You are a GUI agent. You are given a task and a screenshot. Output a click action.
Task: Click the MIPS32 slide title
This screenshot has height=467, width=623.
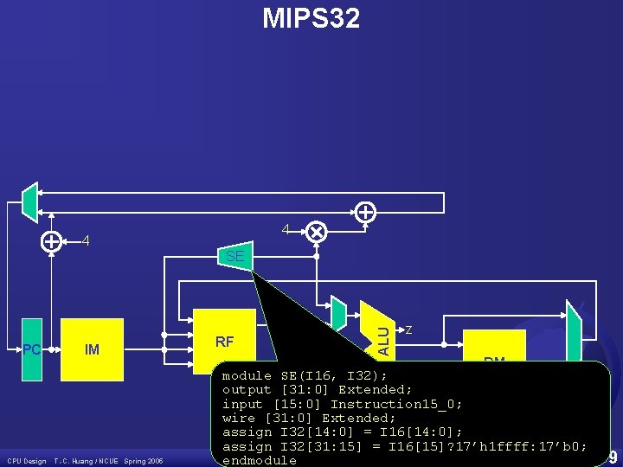[311, 18]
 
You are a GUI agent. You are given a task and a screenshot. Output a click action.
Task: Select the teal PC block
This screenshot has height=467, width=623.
[32, 349]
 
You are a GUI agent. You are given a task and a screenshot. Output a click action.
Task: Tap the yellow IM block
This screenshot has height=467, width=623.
[93, 349]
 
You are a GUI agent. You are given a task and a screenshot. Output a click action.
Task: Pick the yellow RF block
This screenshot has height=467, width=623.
[224, 342]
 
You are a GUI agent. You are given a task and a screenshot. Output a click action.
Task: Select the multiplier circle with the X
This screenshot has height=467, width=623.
[316, 232]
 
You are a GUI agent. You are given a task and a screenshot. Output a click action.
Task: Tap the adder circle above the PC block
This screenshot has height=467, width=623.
[52, 242]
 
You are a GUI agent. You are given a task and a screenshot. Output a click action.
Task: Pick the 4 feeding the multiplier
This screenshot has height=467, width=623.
[286, 230]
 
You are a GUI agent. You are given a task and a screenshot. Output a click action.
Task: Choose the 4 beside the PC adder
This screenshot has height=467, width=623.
[85, 241]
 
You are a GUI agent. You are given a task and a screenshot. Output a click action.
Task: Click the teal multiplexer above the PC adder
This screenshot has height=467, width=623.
[30, 201]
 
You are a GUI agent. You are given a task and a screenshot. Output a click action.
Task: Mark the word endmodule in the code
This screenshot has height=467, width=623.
[259, 460]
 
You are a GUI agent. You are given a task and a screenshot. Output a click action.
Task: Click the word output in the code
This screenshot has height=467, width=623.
[247, 390]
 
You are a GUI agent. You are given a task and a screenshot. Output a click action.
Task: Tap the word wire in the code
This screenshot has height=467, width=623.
[239, 418]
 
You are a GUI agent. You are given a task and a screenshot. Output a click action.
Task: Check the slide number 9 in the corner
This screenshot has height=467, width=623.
[613, 457]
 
